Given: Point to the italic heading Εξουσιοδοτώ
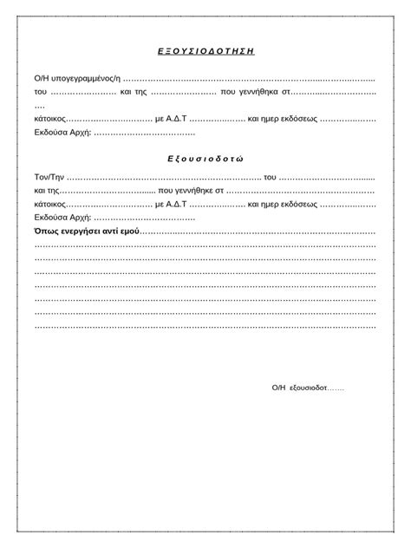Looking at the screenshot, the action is click(x=205, y=160).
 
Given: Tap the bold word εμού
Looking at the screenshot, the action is click(x=127, y=232).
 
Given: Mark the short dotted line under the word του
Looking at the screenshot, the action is click(x=40, y=105).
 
